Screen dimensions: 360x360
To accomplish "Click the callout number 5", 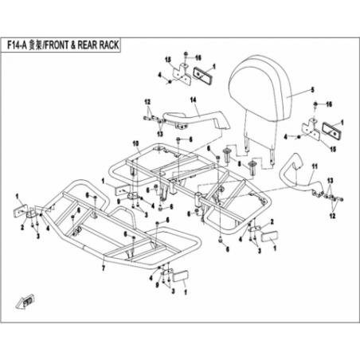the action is coord(312,90).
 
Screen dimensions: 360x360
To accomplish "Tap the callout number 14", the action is coord(193,100).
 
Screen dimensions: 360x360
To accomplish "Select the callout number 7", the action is coord(104,268).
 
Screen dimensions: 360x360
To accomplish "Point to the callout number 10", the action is coord(135,143).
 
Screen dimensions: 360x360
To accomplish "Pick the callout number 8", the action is coord(240,165).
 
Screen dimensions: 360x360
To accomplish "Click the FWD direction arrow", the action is coord(26,303).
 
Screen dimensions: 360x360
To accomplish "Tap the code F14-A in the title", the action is coord(17,45).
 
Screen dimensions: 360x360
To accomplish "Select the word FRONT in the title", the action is coord(57,45).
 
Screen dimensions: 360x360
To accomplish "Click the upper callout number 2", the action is coord(272,221).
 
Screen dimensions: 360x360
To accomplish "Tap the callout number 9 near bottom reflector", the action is coord(157,285).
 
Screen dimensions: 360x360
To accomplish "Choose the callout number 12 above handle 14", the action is coord(147,102).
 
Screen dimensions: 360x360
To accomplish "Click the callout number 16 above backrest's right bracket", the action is coord(329,104).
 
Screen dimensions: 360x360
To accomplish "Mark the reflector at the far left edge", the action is coord(20,211).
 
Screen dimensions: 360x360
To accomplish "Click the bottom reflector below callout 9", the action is coord(181,276).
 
